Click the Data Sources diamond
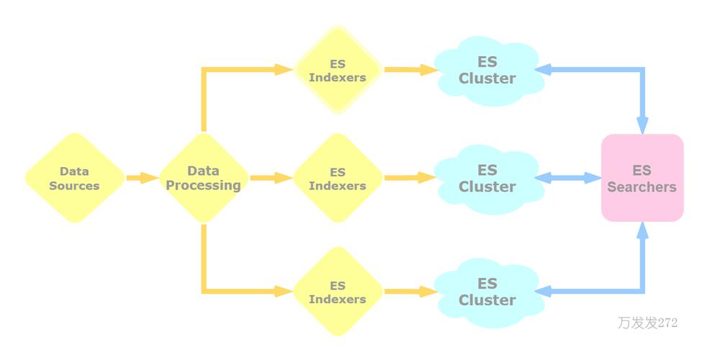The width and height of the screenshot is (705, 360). tap(74, 178)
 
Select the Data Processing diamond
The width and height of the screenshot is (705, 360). tap(203, 178)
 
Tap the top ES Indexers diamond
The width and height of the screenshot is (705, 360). tap(338, 70)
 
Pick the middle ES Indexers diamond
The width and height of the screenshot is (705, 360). tap(338, 178)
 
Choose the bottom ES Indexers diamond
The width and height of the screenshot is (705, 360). tap(338, 292)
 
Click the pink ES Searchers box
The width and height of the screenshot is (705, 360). tap(642, 178)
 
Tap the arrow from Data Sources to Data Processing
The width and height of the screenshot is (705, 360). tap(142, 178)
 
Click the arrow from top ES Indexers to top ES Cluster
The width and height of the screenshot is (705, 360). tap(410, 70)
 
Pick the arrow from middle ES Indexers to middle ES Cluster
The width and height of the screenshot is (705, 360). tap(410, 178)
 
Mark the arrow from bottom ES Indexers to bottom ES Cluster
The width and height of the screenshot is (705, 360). tap(410, 292)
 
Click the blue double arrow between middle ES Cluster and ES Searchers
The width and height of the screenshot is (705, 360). tap(569, 178)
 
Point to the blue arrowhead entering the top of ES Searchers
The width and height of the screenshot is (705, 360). tap(642, 124)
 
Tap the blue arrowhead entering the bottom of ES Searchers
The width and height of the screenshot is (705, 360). tap(642, 232)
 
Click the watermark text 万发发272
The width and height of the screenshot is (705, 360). tap(647, 323)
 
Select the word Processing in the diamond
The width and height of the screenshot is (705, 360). tap(203, 186)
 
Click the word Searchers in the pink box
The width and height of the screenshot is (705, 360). tap(642, 187)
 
